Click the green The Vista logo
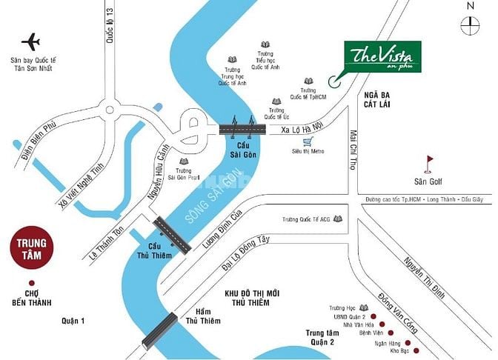click(382, 58)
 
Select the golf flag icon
click(429, 162)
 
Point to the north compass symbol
click(470, 24)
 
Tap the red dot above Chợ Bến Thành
click(31, 283)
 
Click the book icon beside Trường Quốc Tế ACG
click(339, 220)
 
